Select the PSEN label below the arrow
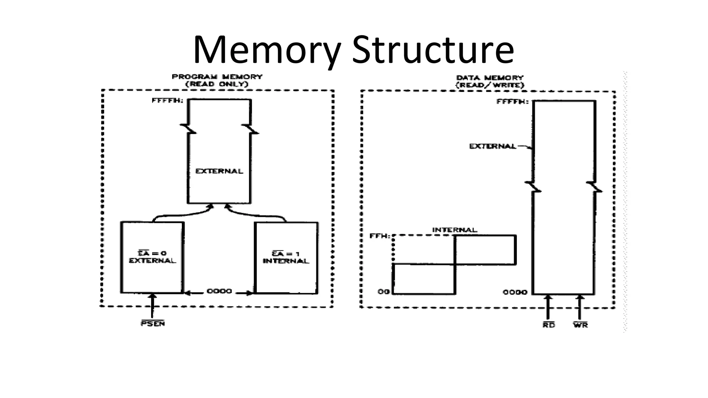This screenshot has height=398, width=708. point(152,324)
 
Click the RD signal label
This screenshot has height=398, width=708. point(548,325)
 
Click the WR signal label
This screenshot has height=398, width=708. point(580,325)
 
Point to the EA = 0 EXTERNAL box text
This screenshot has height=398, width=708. point(152,257)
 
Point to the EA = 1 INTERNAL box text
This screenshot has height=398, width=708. point(286,257)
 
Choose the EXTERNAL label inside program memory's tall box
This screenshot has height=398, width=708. point(219,171)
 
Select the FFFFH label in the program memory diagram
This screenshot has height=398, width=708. point(167,101)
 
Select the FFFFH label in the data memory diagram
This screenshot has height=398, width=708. point(512,102)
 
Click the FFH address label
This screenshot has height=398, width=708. point(380,236)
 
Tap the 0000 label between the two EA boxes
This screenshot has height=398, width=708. point(219,291)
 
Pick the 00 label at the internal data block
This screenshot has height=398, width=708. point(383,292)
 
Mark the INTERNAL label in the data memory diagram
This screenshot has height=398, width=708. point(454,230)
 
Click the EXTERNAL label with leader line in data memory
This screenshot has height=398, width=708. point(492,146)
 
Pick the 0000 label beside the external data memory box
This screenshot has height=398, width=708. point(515,292)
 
